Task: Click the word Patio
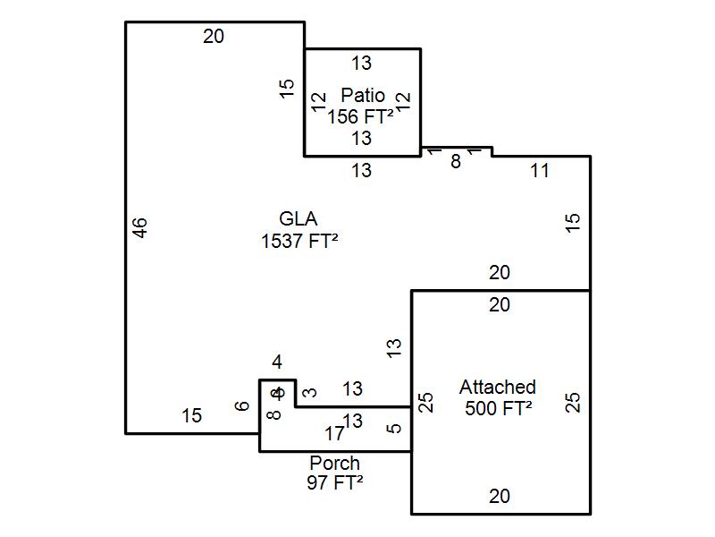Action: pos(363,96)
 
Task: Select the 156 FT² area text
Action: pos(362,116)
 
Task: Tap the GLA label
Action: pos(299,219)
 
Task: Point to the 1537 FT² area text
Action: pos(299,241)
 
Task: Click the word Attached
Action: pos(498,388)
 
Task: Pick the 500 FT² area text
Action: pos(499,408)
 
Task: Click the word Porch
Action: pos(335,464)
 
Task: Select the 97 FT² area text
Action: pos(335,482)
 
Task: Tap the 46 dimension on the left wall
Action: pos(139,227)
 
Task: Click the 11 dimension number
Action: pos(540,171)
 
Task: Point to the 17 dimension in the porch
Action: pos(334,434)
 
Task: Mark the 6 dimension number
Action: pos(241,406)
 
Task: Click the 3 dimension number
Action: pos(310,392)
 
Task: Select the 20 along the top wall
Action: pos(214,37)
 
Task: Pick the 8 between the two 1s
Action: pos(456,163)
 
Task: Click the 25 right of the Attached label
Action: pos(574,403)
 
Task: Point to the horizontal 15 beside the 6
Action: pos(192,416)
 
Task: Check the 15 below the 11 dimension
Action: pos(574,222)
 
